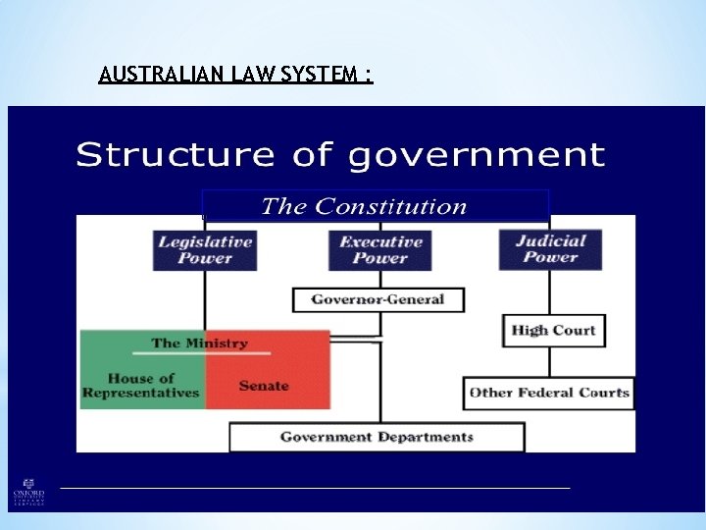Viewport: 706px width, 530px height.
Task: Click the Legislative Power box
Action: coord(205,249)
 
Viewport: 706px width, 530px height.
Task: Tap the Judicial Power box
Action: coord(549,249)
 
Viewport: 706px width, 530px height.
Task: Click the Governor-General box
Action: coord(378,299)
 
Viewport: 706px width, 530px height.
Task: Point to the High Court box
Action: coord(553,330)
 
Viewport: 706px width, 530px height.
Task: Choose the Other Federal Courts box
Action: coord(549,393)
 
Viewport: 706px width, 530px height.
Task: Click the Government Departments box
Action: coord(377,437)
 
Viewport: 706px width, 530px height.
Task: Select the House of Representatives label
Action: coord(141,386)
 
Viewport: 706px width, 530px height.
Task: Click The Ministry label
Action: coord(199,344)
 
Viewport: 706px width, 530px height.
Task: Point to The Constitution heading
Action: coord(364,206)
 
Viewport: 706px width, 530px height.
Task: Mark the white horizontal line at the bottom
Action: coord(314,487)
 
